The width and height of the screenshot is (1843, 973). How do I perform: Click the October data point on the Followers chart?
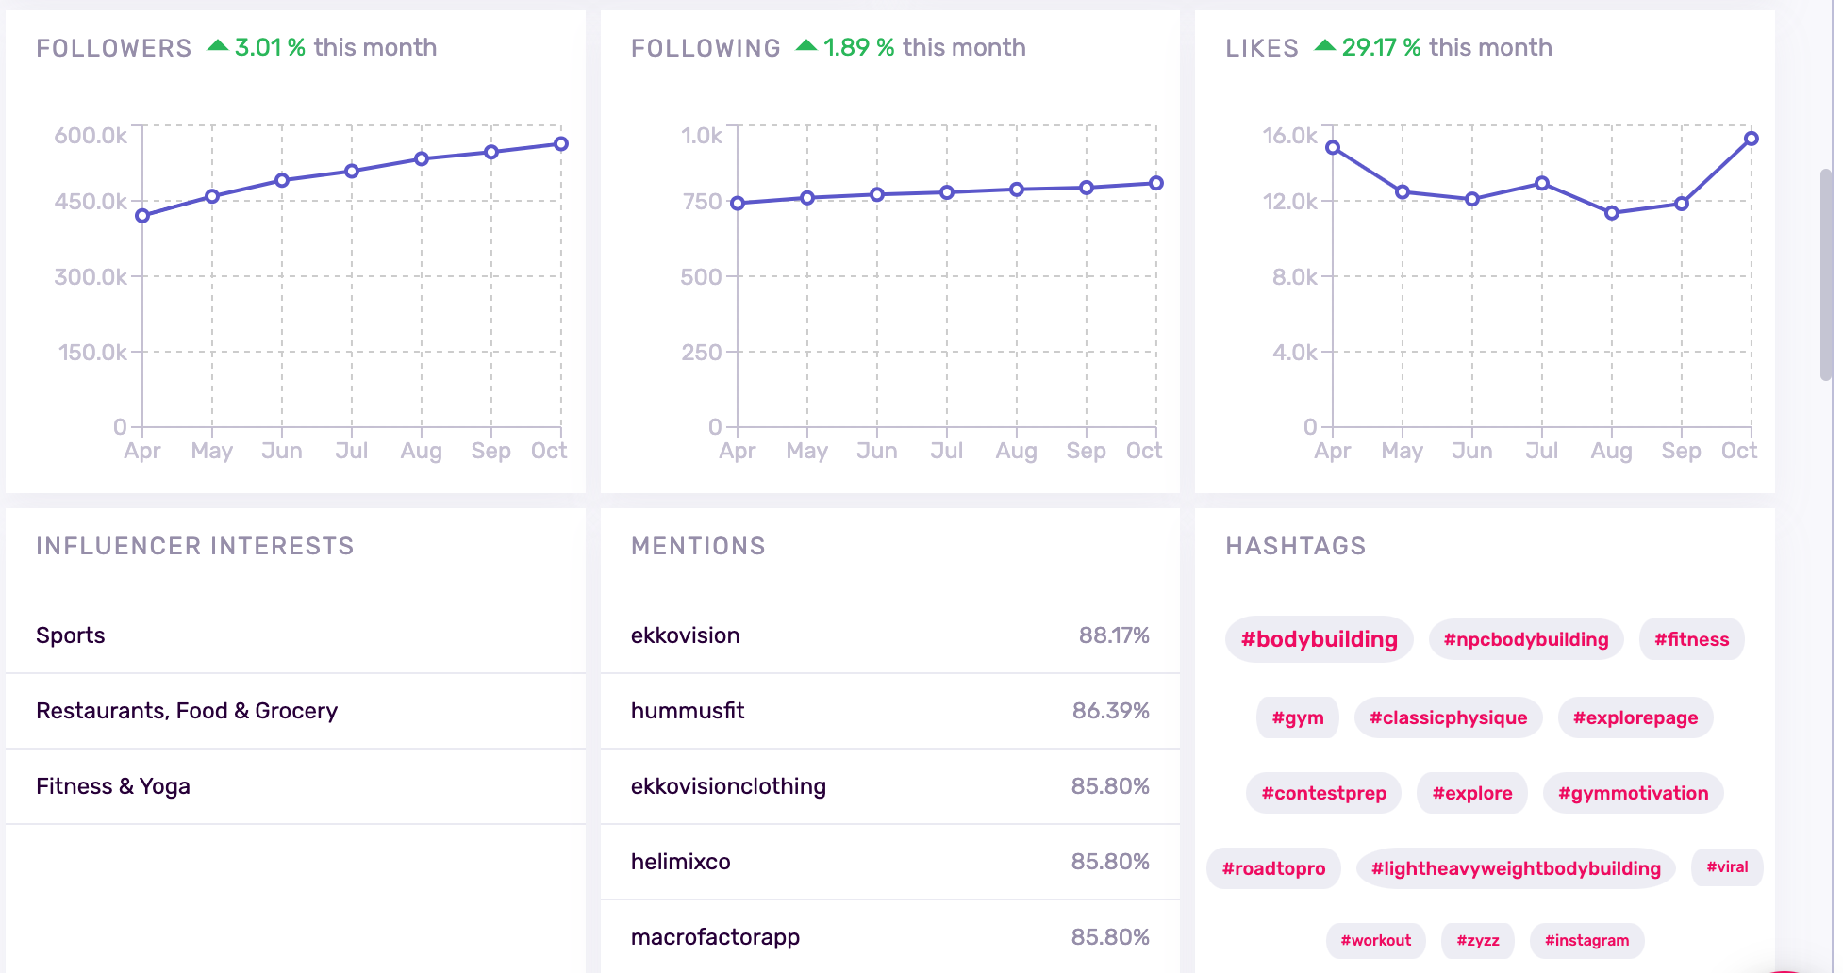561,144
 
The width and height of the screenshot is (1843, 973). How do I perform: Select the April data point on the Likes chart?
1333,147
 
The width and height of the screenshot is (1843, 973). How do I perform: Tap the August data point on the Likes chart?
1612,213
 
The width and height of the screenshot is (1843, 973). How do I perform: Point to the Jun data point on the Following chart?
877,194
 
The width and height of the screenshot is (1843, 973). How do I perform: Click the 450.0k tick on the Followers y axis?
91,202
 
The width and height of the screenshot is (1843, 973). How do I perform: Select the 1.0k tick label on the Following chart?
702,136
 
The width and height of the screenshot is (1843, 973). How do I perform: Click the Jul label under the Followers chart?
352,451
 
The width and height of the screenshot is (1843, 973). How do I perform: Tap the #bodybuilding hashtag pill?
1319,639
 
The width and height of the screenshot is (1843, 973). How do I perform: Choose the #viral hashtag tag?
1727,867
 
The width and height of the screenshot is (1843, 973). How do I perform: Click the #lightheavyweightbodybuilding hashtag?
1516,868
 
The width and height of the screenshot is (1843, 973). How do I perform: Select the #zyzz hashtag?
1477,940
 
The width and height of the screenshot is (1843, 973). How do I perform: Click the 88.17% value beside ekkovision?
1114,635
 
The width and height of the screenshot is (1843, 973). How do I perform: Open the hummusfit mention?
688,711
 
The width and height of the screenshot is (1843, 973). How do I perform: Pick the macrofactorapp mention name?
715,937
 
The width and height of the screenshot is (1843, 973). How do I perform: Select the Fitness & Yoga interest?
113,786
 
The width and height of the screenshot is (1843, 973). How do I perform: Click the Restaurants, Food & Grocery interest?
187,711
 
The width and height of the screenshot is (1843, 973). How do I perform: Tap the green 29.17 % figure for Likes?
1381,47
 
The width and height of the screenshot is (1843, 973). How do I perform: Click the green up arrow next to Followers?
218,45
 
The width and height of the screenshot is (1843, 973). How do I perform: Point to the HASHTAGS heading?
1295,546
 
